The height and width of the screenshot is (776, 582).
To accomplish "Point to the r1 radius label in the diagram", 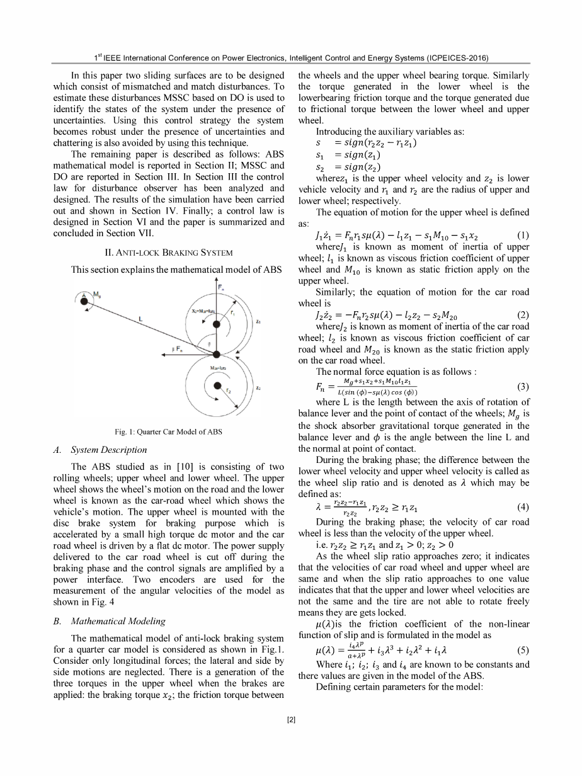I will click(234, 311).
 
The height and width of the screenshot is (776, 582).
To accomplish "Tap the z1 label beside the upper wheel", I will click(258, 322).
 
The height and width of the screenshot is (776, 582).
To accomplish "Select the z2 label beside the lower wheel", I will click(259, 390).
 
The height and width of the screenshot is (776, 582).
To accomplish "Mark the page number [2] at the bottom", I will click(290, 719).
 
